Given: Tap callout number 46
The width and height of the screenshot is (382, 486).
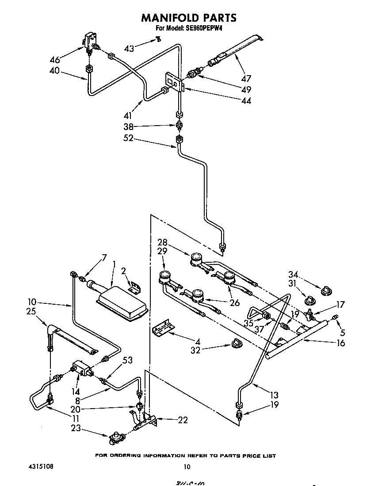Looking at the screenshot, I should pyautogui.click(x=55, y=60).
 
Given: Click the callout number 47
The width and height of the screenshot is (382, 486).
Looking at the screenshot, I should pyautogui.click(x=246, y=79).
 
